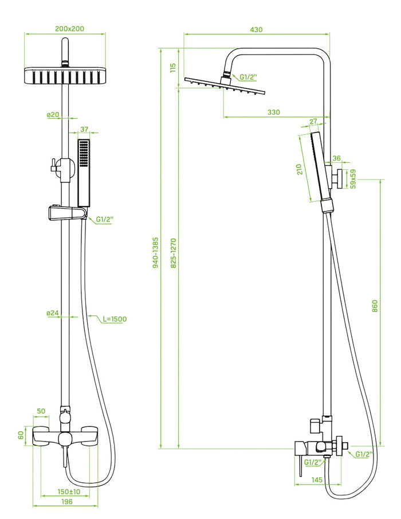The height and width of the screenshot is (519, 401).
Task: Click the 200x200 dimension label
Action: tap(65, 28)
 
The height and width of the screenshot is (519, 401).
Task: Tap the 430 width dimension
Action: tap(257, 29)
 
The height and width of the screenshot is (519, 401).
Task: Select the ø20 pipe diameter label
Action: tap(53, 115)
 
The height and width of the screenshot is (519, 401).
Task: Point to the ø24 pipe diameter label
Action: tap(53, 313)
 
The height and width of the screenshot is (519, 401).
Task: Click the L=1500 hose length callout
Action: tap(115, 319)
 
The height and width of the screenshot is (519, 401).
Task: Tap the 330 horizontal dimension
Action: tap(274, 112)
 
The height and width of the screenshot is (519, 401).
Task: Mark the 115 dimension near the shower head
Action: tap(172, 68)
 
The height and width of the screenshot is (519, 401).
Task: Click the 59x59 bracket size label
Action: tap(353, 178)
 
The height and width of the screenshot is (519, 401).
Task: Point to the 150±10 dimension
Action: tap(69, 491)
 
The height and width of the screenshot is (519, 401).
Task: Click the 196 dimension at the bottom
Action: tap(66, 502)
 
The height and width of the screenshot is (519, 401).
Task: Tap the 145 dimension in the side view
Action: tap(319, 479)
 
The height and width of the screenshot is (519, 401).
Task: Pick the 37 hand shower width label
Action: tap(84, 130)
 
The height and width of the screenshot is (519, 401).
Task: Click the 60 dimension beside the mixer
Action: tap(21, 435)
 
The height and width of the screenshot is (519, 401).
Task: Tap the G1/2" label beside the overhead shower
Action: tap(249, 77)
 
